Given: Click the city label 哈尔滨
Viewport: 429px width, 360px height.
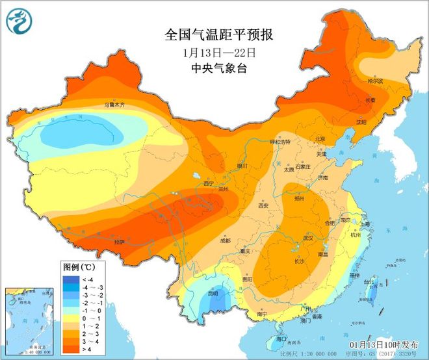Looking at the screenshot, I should pyautogui.click(x=376, y=81).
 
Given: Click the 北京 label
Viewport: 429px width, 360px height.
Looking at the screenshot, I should pyautogui.click(x=320, y=138).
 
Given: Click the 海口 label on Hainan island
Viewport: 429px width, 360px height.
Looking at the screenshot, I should pyautogui.click(x=281, y=339).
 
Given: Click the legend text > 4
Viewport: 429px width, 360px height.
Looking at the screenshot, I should pyautogui.click(x=88, y=350).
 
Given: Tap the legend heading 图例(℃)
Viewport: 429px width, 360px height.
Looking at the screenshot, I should pyautogui.click(x=79, y=267).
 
